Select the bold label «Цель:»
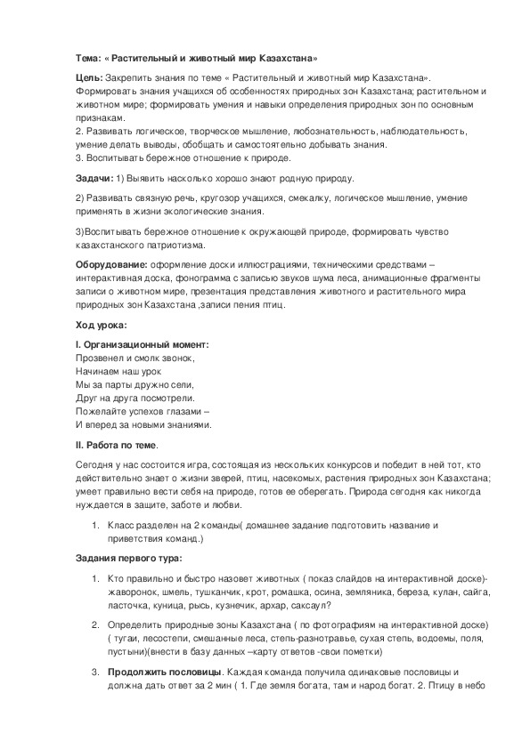[x=88, y=79]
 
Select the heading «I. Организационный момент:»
[x=143, y=344]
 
